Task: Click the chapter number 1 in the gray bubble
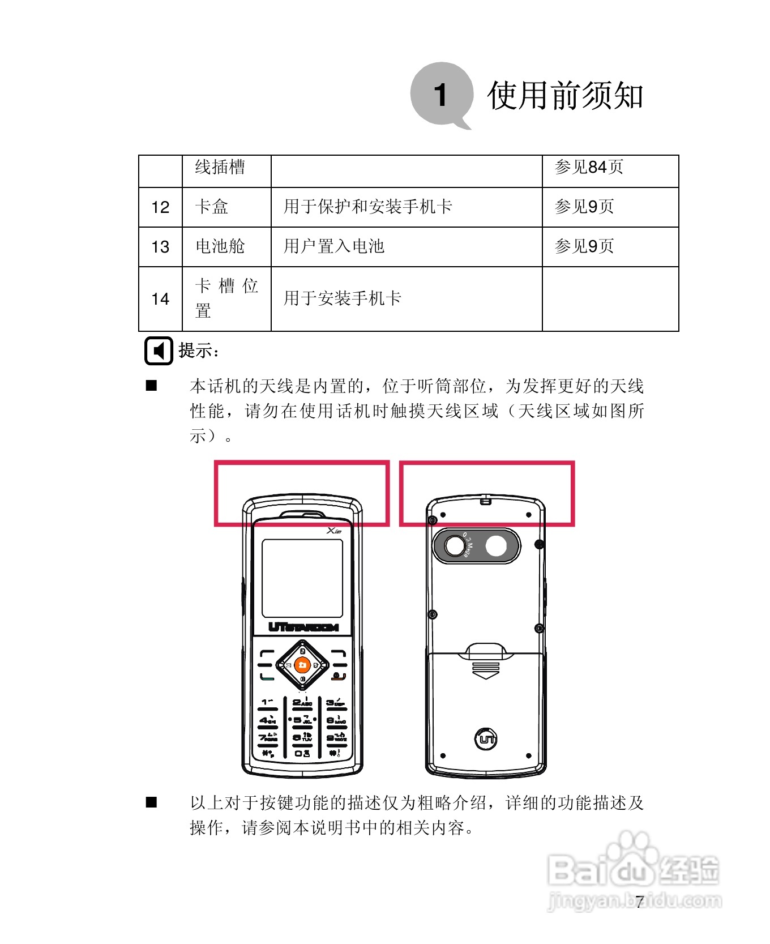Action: pyautogui.click(x=440, y=95)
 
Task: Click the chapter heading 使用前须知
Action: pyautogui.click(x=565, y=95)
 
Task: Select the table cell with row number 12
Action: pyautogui.click(x=160, y=207)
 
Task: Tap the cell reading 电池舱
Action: pyautogui.click(x=220, y=246)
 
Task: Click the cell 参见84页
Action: pyautogui.click(x=589, y=167)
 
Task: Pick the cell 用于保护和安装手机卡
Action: pyautogui.click(x=367, y=207)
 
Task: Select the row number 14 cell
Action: pyautogui.click(x=160, y=299)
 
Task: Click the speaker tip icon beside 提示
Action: pyautogui.click(x=158, y=351)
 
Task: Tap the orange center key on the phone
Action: pyautogui.click(x=302, y=665)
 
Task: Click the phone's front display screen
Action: pyautogui.click(x=302, y=578)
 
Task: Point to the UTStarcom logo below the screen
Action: pyautogui.click(x=303, y=627)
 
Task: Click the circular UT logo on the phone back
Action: pyautogui.click(x=485, y=738)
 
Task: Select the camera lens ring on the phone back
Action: pyautogui.click(x=455, y=546)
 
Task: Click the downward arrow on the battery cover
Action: pyautogui.click(x=486, y=674)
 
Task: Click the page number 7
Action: pyautogui.click(x=639, y=902)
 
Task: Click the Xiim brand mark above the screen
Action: pyautogui.click(x=334, y=531)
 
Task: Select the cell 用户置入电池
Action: pyautogui.click(x=334, y=246)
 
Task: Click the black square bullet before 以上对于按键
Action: pyautogui.click(x=151, y=802)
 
